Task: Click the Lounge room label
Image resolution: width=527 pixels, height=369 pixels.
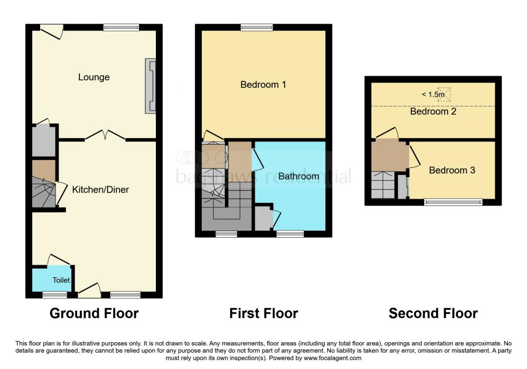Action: tap(94, 77)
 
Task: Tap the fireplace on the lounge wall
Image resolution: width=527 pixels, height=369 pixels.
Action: tap(151, 86)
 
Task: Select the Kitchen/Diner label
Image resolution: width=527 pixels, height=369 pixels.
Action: tap(100, 190)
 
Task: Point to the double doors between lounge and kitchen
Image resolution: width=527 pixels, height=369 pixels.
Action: tap(105, 136)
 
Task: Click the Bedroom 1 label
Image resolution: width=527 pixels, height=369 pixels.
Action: tap(263, 84)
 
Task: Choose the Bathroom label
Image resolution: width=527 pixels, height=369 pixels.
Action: tap(298, 177)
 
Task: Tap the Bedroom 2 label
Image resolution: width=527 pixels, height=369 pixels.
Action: tap(433, 111)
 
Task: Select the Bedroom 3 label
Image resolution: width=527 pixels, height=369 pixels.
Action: tap(452, 170)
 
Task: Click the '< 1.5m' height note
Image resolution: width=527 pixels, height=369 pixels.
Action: tap(433, 94)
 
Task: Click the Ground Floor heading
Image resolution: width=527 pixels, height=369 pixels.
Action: tap(94, 313)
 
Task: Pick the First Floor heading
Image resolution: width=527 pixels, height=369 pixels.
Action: tap(263, 313)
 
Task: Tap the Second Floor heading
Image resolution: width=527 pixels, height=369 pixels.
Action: tap(433, 313)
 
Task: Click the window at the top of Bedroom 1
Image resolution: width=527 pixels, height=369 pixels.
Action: tap(256, 27)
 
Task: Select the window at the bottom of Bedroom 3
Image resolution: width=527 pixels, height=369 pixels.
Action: tap(453, 202)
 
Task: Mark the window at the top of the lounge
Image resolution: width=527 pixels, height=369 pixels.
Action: tap(121, 27)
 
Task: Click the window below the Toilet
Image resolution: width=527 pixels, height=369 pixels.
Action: tap(55, 294)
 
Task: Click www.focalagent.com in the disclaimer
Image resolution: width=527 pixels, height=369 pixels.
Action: tap(333, 358)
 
